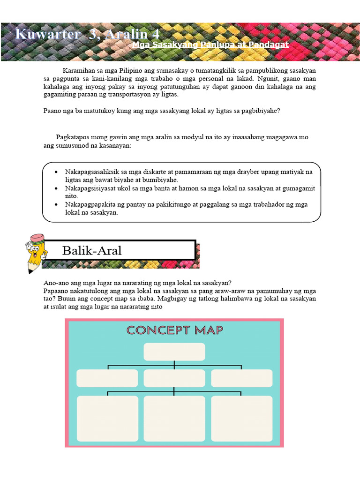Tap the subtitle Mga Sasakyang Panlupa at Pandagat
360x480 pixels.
pyautogui.click(x=210, y=45)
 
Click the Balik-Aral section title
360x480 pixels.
pyautogui.click(x=92, y=250)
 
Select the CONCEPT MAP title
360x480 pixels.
pyautogui.click(x=174, y=330)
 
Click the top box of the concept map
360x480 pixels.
pyautogui.click(x=174, y=352)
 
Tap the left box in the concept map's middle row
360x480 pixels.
pyautogui.click(x=107, y=378)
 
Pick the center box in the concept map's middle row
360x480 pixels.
pyautogui.click(x=174, y=378)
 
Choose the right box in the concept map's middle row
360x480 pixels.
pyautogui.click(x=241, y=378)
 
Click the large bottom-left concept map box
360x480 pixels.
pyautogui.click(x=107, y=419)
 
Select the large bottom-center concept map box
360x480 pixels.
pyautogui.click(x=174, y=419)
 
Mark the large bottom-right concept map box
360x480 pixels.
pyautogui.click(x=241, y=419)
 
